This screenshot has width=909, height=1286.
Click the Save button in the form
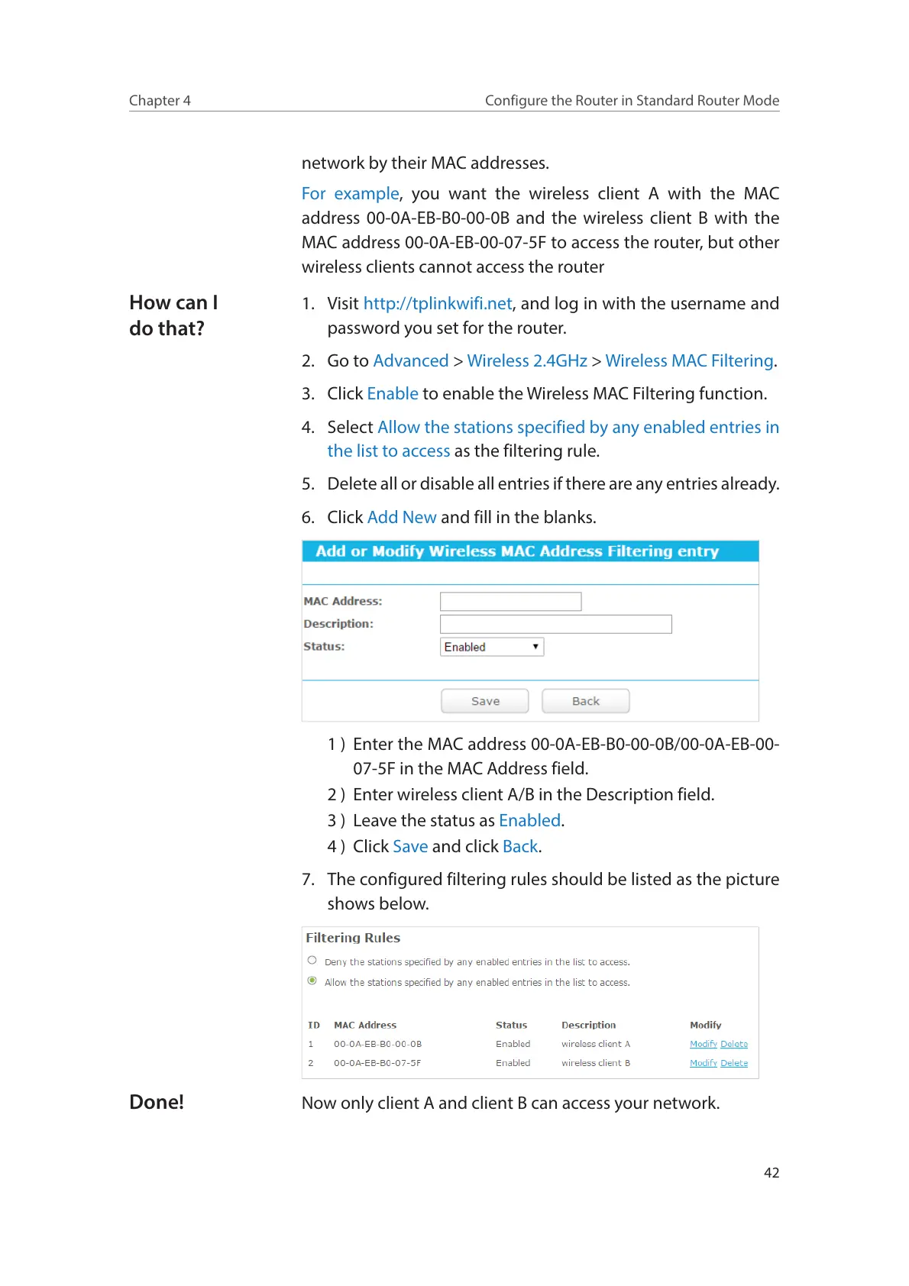point(484,701)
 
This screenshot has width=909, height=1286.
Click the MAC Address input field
point(510,602)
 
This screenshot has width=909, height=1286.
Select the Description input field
point(555,624)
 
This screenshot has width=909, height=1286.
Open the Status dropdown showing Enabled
point(492,647)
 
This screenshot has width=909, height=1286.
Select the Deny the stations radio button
point(312,961)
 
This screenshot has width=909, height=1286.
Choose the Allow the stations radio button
point(312,981)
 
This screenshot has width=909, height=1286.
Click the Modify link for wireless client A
point(703,1044)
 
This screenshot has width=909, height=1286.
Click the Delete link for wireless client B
point(734,1063)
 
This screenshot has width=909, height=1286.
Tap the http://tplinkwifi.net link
point(438,304)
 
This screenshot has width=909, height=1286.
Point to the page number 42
point(772,1173)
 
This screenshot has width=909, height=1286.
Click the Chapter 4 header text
point(160,101)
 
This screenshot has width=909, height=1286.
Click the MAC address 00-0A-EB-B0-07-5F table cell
point(377,1063)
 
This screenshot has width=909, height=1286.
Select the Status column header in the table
point(511,1025)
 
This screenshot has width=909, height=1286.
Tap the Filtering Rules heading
point(353,938)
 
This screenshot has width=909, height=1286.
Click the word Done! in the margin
point(157,1102)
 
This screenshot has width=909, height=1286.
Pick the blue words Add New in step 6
point(402,518)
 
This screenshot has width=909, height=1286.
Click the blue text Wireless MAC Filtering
point(689,361)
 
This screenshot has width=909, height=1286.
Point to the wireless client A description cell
point(596,1044)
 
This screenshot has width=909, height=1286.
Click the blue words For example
point(350,194)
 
